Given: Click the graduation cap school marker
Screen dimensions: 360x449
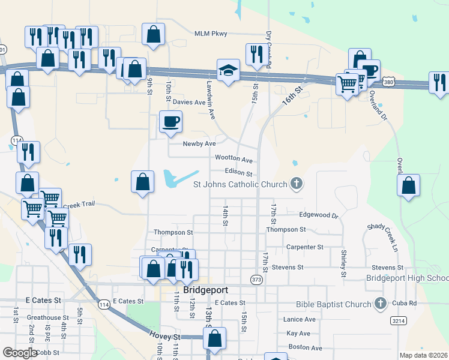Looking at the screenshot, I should click(x=228, y=71).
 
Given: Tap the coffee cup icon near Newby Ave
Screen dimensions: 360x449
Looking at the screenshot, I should click(x=170, y=122).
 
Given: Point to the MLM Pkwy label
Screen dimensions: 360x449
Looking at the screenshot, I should click(x=211, y=34).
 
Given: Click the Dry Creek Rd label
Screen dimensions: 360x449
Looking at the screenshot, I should click(x=268, y=46).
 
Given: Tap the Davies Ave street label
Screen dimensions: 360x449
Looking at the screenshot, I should click(x=189, y=102).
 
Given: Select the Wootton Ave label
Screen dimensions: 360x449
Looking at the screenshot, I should click(x=234, y=160).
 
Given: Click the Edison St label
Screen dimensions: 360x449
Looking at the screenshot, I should click(x=239, y=173).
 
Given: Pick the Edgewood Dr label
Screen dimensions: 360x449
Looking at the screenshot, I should click(x=319, y=215).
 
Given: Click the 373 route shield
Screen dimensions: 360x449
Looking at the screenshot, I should click(x=257, y=280).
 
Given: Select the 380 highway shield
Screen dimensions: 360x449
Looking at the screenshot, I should click(x=389, y=81).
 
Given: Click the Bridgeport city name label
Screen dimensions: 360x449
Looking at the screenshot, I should click(x=206, y=290).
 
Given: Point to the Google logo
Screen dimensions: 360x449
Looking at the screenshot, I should click(x=20, y=353).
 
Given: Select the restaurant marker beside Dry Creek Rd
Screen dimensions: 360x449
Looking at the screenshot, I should click(x=256, y=55).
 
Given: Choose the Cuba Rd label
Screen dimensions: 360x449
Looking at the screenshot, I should click(x=405, y=303).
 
